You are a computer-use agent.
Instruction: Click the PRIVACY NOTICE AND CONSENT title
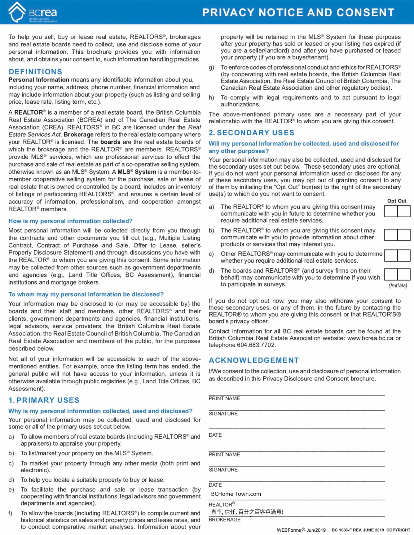tap(298, 13)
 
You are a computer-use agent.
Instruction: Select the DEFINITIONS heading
tap(35, 72)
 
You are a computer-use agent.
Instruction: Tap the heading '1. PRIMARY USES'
tap(44, 400)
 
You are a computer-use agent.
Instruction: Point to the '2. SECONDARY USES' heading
tap(251, 133)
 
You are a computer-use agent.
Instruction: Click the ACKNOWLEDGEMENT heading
tap(254, 360)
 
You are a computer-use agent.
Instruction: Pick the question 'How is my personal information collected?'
tap(70, 221)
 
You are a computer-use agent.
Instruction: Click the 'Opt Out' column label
tap(396, 201)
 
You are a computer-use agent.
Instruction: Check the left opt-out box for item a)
tap(391, 211)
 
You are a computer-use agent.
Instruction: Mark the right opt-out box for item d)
tap(404, 274)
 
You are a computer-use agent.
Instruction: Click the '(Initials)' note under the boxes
tap(397, 286)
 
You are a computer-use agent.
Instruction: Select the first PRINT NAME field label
tap(224, 398)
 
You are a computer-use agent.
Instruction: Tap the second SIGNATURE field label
tap(223, 470)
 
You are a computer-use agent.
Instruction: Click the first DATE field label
tap(215, 435)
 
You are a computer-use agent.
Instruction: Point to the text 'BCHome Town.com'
tap(236, 494)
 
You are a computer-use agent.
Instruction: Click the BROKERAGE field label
tap(224, 520)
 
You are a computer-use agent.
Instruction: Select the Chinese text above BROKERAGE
tap(247, 512)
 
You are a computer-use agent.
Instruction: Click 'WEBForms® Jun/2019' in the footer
tap(301, 530)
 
